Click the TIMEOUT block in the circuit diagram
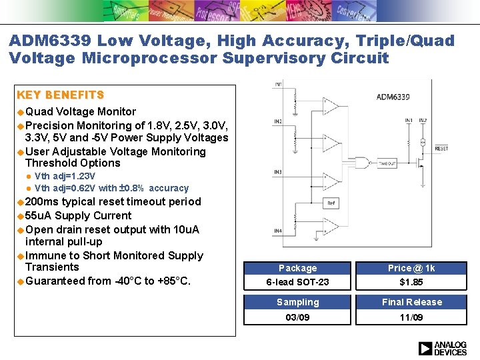[x=387, y=163]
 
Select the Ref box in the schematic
[x=331, y=203]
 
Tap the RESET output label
[x=441, y=149]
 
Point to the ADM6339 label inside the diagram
[x=393, y=97]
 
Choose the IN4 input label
[x=277, y=231]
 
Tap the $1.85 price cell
[x=411, y=283]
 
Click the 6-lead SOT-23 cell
[x=297, y=283]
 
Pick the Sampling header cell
[x=297, y=302]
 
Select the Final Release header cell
[x=411, y=302]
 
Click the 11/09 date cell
[x=411, y=317]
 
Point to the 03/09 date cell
[x=297, y=317]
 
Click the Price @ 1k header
[x=411, y=268]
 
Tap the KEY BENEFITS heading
[x=60, y=95]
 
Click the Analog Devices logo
[x=442, y=348]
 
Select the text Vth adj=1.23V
[x=65, y=176]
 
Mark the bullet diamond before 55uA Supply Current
[x=21, y=216]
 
